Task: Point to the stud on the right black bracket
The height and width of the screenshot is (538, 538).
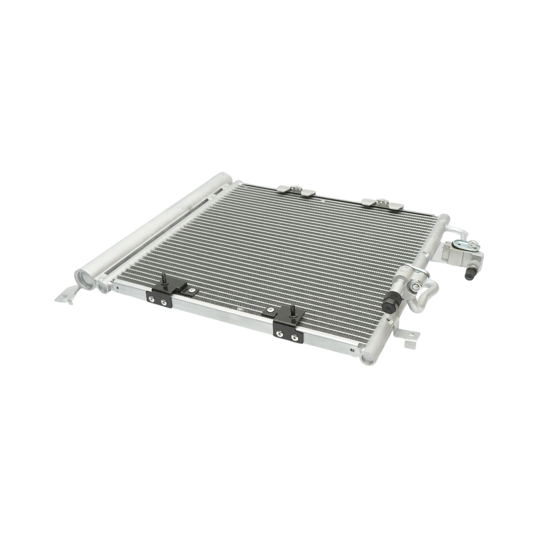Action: coord(292,311)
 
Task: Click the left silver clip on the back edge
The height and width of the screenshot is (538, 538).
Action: coord(296,191)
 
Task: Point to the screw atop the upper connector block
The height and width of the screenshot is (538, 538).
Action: coord(473,245)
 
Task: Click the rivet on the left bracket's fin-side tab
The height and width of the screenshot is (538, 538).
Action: coord(192,291)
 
